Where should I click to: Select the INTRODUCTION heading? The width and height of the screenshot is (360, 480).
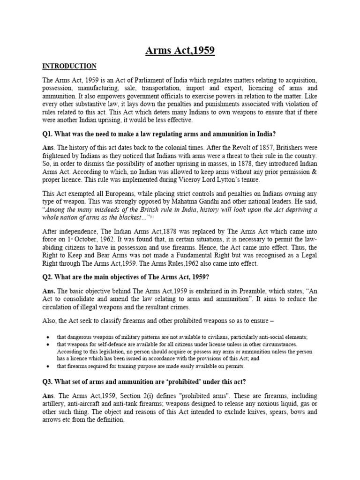click(69, 66)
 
